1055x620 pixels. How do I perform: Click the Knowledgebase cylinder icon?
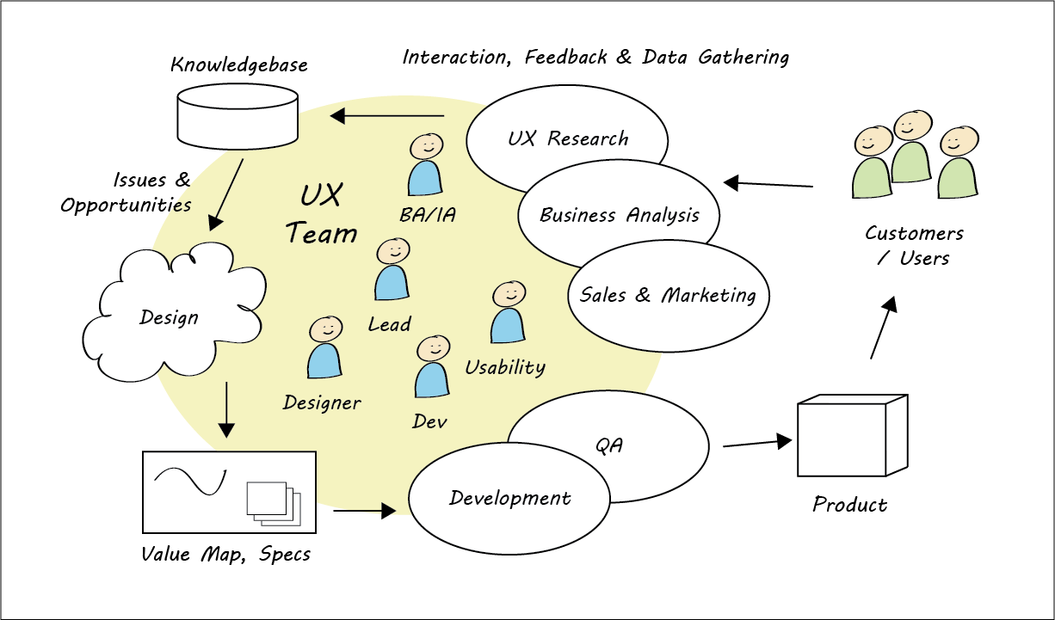pos(237,116)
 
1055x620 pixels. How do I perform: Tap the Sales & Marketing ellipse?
pos(668,296)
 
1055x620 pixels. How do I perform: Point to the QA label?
pos(608,445)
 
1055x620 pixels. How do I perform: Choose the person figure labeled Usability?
pos(508,314)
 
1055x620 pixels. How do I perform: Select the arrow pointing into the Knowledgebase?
pos(387,115)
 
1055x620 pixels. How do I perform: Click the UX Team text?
pos(321,214)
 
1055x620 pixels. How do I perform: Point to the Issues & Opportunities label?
pos(126,193)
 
